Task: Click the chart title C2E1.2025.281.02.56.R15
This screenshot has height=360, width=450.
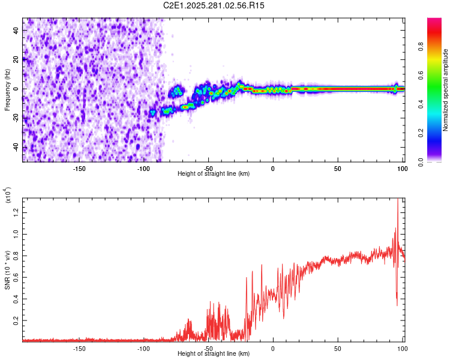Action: pos(214,5)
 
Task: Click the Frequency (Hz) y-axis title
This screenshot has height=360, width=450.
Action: pos(7,89)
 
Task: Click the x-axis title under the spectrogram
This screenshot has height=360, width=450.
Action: pos(214,173)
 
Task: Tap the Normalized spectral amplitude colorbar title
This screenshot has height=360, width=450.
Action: pos(446,90)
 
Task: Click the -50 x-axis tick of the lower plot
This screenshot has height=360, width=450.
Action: pos(208,348)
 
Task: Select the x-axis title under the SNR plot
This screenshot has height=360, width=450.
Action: pos(214,354)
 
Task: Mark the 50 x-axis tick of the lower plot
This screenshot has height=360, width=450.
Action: pos(337,348)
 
